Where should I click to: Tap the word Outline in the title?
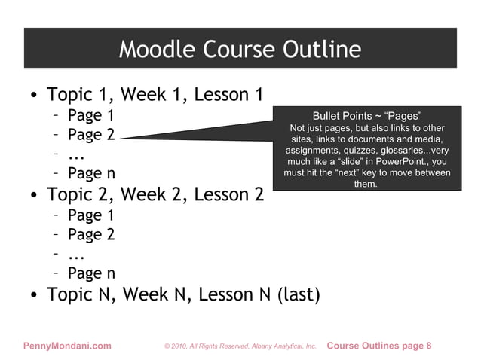321,50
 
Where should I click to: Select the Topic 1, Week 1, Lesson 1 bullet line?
155,96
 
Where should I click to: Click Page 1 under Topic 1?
90,116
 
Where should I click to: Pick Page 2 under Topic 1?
90,136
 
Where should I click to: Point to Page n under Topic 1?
90,175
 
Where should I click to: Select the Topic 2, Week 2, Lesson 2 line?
155,194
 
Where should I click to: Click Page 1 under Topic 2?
90,215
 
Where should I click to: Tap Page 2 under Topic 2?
90,234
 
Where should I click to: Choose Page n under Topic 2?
90,273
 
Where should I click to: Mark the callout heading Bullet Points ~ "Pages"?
366,116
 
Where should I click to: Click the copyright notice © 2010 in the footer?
182,346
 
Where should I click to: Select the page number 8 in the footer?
429,346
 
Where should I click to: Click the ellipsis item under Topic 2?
75,255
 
